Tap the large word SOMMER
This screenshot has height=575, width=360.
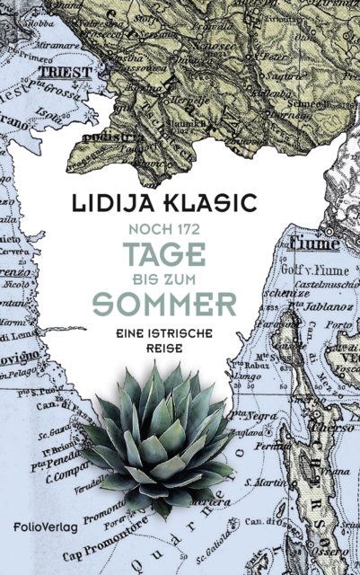tap(181, 301)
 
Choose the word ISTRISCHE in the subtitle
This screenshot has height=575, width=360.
tap(198, 330)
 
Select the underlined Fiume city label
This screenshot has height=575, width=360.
tap(319, 243)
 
